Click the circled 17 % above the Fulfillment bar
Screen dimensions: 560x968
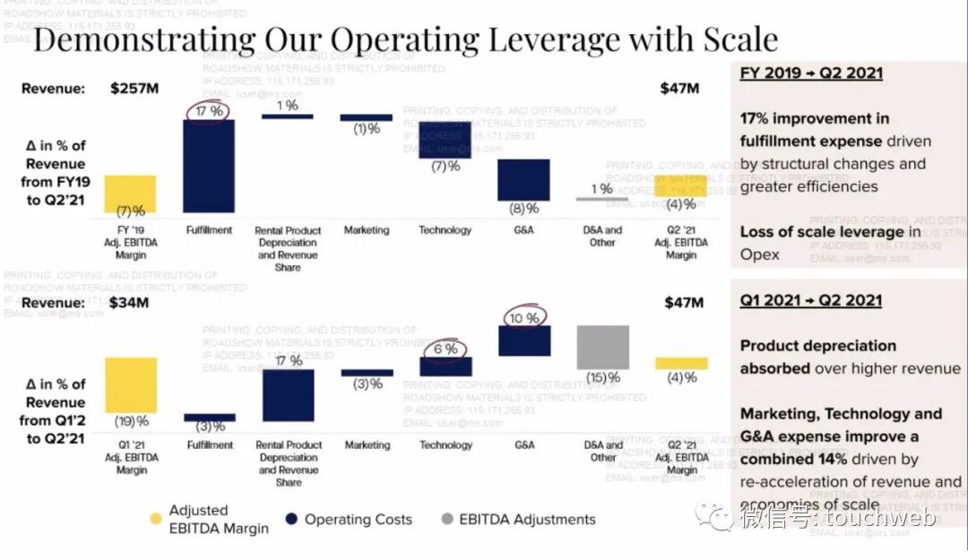[x=209, y=110]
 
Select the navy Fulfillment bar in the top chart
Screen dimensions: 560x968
[x=209, y=168]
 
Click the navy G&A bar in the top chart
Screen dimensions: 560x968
[x=524, y=180]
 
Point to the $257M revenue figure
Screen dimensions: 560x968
[x=134, y=89]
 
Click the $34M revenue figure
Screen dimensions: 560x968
[x=130, y=303]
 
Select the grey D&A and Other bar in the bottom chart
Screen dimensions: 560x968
[x=603, y=347]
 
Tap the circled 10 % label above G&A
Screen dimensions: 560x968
[x=524, y=317]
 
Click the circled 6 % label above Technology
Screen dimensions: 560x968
[x=445, y=349]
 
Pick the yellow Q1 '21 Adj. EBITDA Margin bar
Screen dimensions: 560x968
[x=130, y=385]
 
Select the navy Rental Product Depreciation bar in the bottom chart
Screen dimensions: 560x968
[x=289, y=394]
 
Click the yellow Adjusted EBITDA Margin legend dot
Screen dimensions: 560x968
[x=155, y=518]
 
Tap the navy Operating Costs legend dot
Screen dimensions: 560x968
[x=290, y=519]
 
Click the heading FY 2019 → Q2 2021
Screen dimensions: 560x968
[x=811, y=73]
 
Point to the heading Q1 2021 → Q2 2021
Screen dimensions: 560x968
[x=810, y=301]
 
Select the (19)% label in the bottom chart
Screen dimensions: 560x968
[x=131, y=420]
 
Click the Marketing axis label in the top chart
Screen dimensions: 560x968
[x=367, y=230]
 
